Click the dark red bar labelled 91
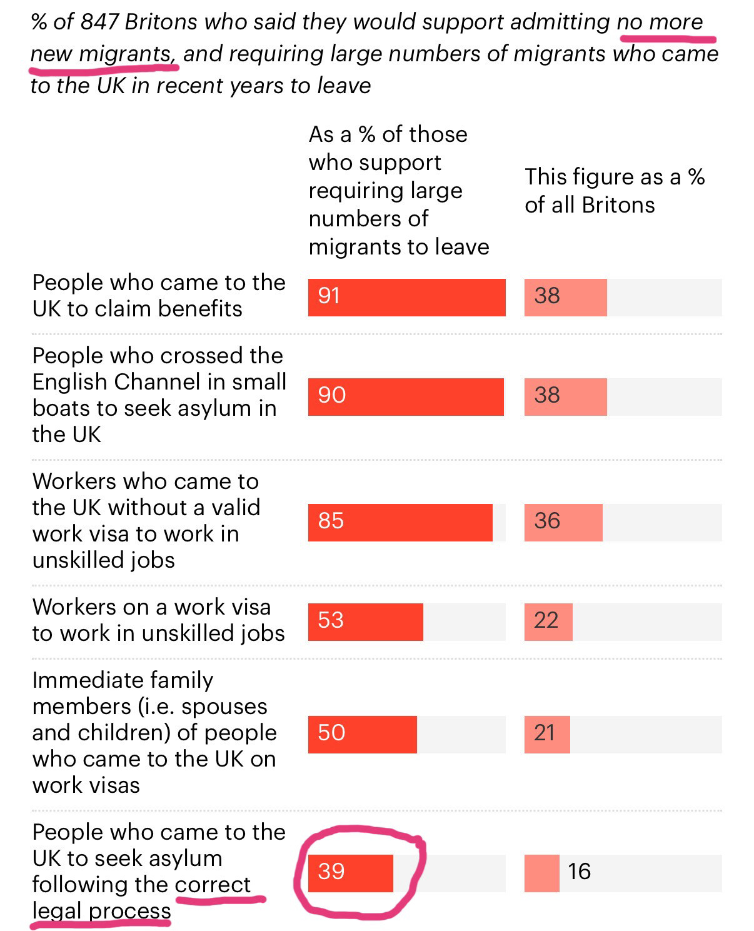pos(406,297)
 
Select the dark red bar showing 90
pos(406,396)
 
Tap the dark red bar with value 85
pos(400,522)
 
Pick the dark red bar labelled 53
pos(365,622)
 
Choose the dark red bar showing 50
pos(362,734)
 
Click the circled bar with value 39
pos(350,873)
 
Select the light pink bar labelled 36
pos(563,522)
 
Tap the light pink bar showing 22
pos(548,622)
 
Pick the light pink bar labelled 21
pos(547,734)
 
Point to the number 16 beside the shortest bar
pos(579,872)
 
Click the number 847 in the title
pos(100,22)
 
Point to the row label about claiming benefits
pos(159,295)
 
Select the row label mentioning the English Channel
pos(159,395)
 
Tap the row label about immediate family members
pos(154,732)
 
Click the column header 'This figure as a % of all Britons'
pos(615,191)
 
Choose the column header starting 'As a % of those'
pos(398,191)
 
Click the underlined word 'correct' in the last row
pos(213,885)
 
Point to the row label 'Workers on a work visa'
pos(158,620)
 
